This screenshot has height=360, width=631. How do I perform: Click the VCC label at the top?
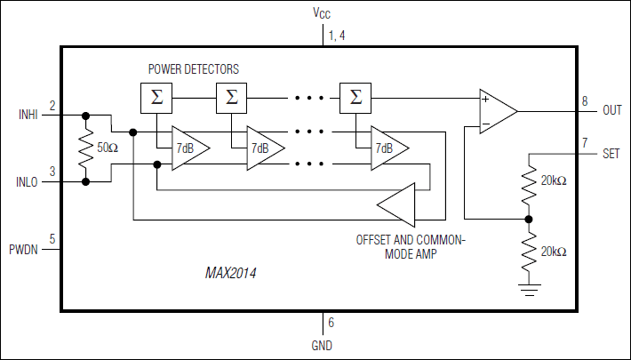(x=322, y=13)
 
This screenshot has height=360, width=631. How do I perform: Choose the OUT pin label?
(x=612, y=110)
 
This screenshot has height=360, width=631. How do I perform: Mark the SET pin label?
(x=611, y=153)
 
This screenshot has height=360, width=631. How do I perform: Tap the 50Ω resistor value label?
(x=108, y=148)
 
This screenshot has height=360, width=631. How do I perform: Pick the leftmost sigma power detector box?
(x=156, y=96)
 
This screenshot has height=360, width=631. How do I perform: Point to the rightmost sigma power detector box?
(x=355, y=96)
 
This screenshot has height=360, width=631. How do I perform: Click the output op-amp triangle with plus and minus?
(x=495, y=111)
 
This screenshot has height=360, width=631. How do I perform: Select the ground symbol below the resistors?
(x=529, y=287)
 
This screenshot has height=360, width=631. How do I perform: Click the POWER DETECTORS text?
(x=193, y=68)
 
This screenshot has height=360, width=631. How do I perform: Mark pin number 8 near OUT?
(x=584, y=102)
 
